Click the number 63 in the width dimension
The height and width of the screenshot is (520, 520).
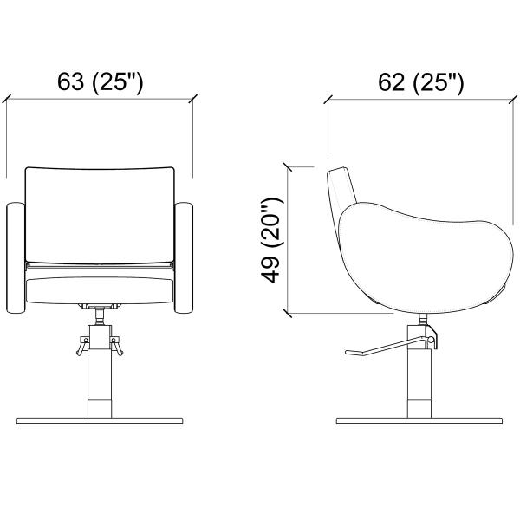[70, 81]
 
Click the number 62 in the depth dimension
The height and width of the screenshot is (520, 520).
[392, 82]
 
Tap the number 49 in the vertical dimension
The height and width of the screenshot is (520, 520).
[271, 270]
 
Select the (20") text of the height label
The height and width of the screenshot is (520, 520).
[272, 223]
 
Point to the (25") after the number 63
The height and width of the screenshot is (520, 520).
[117, 82]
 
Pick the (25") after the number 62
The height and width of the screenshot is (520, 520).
[438, 83]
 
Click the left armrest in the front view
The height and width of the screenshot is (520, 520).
[16, 257]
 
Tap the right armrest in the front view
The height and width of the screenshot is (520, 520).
[184, 257]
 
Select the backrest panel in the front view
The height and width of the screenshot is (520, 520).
[100, 216]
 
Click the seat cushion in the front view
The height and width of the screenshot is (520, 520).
[100, 290]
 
